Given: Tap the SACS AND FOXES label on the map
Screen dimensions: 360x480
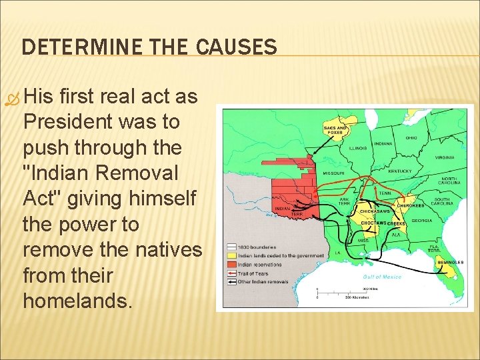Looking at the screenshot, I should click(x=335, y=129).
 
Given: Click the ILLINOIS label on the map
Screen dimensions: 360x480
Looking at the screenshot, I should click(x=359, y=149).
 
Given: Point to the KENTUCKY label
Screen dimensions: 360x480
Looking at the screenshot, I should click(x=399, y=171).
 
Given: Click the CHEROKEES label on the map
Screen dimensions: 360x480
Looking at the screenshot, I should click(x=411, y=206).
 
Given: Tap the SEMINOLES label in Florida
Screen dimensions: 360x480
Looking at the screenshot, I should click(x=450, y=262).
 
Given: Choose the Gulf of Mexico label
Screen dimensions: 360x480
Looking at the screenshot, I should click(x=382, y=276).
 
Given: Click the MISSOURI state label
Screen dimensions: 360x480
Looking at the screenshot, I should click(x=333, y=173).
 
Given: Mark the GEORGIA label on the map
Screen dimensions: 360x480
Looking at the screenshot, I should click(x=421, y=221).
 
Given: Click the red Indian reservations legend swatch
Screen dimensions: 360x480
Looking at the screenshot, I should click(x=231, y=264).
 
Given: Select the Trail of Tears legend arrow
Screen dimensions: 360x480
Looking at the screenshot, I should click(x=231, y=273).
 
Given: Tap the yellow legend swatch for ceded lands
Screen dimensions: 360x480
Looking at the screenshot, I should click(x=231, y=255).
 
